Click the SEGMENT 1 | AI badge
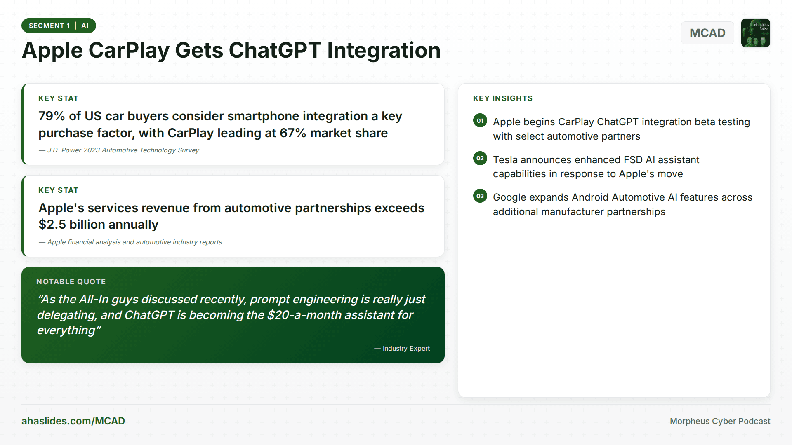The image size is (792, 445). point(59,26)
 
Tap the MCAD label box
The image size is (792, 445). point(707,33)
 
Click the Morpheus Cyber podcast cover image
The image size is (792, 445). point(755,33)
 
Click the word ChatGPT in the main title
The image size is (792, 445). point(275,50)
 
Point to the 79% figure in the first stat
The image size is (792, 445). point(52,116)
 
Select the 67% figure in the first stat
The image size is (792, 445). point(292,133)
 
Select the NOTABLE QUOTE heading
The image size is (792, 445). point(71,282)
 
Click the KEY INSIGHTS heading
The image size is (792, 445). point(502,98)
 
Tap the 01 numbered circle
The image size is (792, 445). point(480,121)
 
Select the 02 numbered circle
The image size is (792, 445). point(480,158)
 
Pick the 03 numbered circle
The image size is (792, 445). point(480,196)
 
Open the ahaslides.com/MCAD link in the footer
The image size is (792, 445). point(73,421)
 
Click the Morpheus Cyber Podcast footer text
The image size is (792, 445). point(720,421)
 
